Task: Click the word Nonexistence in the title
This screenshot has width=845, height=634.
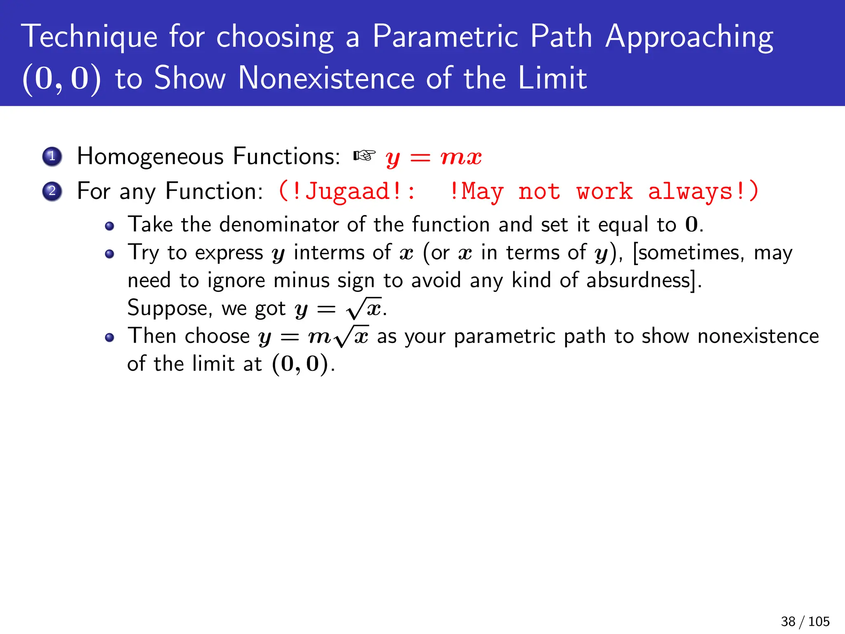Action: click(326, 78)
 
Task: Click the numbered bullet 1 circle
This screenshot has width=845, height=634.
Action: click(52, 156)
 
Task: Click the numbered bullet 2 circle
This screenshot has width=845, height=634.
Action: click(52, 191)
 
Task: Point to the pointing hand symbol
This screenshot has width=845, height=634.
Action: click(364, 156)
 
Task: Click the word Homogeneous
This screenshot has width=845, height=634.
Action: click(150, 156)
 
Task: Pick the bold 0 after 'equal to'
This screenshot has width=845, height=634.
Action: click(691, 225)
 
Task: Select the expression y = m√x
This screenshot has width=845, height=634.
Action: click(314, 337)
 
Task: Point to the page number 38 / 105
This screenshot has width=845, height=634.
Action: click(805, 621)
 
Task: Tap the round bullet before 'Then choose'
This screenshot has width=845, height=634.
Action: click(109, 338)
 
